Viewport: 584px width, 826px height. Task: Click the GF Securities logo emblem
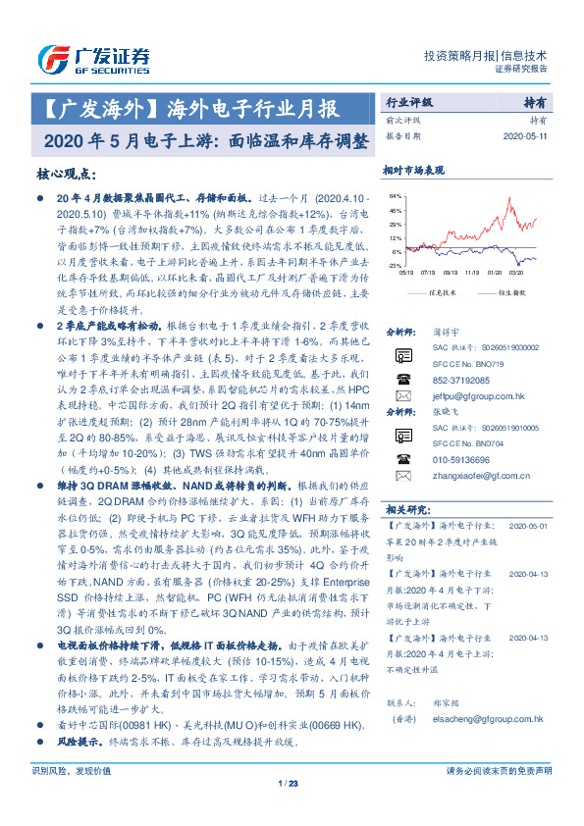point(51,56)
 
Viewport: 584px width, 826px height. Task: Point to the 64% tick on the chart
point(395,196)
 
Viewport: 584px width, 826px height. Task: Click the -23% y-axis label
point(395,265)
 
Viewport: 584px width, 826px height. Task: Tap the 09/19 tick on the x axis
point(451,274)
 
